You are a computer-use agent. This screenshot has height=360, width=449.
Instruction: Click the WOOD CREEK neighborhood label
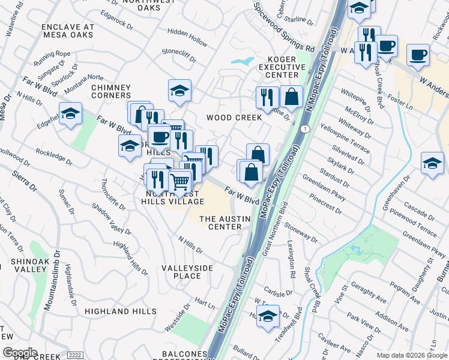tap(234, 118)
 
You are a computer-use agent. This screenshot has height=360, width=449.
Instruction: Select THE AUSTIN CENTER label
tap(224, 223)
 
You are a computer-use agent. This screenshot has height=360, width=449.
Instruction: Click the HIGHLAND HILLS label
tap(115, 311)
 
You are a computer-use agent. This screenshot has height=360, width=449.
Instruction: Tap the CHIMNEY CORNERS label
tap(111, 91)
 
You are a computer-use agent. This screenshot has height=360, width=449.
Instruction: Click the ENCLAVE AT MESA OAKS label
tap(68, 31)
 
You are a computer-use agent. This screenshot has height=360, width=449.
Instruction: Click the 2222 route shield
tap(74, 355)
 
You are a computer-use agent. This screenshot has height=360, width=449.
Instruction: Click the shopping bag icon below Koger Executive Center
tap(291, 96)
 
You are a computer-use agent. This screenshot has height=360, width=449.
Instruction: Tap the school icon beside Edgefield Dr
tap(70, 114)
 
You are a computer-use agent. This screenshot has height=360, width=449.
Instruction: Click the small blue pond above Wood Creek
tap(243, 61)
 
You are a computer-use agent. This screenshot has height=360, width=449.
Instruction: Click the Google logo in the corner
tap(20, 353)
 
